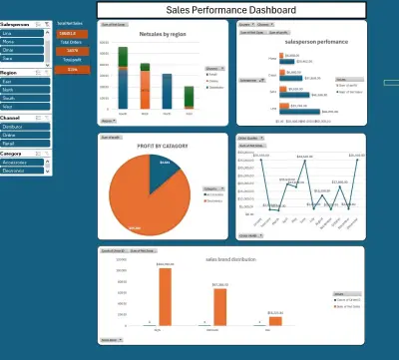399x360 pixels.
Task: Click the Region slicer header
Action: click(20, 73)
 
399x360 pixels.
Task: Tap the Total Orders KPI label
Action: click(72, 41)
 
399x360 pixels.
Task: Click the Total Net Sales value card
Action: click(72, 32)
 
